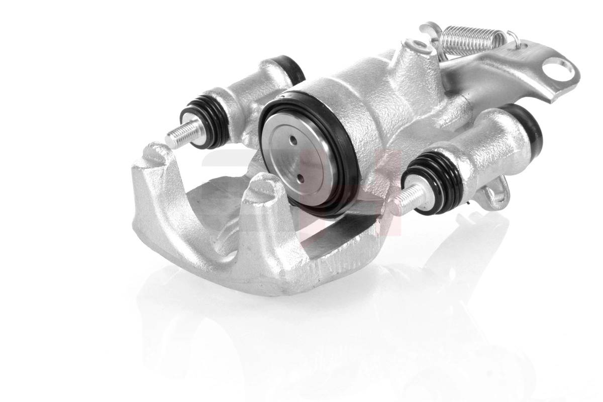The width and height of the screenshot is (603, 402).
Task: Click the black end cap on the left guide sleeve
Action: (290, 67)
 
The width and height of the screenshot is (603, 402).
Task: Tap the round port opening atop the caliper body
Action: (416, 47)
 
